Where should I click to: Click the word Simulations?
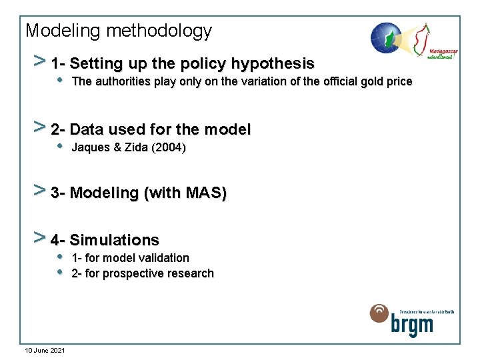pyautogui.click(x=114, y=240)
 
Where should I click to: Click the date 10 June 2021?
pyautogui.click(x=45, y=350)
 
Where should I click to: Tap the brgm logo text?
pyautogui.click(x=411, y=325)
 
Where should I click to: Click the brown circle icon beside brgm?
pyautogui.click(x=379, y=314)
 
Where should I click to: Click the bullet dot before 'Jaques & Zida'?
pyautogui.click(x=60, y=147)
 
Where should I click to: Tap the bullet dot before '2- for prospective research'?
pyautogui.click(x=60, y=273)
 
